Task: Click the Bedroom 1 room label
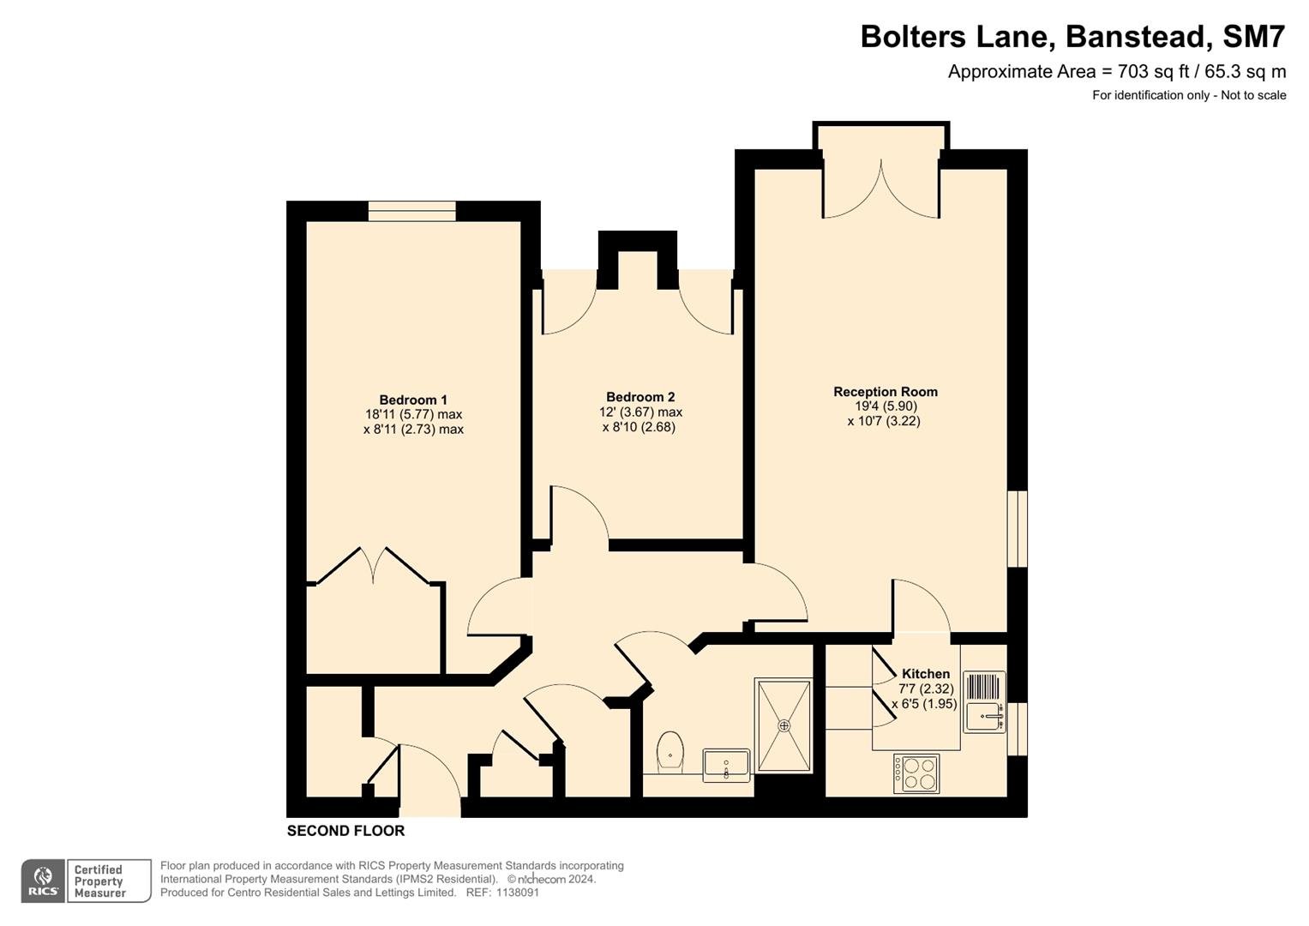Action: pyautogui.click(x=413, y=400)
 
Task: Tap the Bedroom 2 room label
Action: pyautogui.click(x=640, y=398)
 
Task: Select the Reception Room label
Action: pyautogui.click(x=886, y=392)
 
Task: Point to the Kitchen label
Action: pyautogui.click(x=926, y=673)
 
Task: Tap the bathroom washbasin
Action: pyautogui.click(x=726, y=765)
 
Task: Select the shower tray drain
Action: pyautogui.click(x=784, y=725)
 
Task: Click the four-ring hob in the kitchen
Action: pyautogui.click(x=916, y=773)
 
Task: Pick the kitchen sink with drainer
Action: pyautogui.click(x=985, y=701)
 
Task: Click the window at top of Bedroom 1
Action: pyautogui.click(x=412, y=211)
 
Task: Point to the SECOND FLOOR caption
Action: pyautogui.click(x=346, y=831)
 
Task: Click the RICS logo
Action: pyautogui.click(x=43, y=881)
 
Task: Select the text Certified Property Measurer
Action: pyautogui.click(x=99, y=881)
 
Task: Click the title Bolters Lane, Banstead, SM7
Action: pyautogui.click(x=1073, y=36)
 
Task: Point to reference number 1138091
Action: pyautogui.click(x=517, y=893)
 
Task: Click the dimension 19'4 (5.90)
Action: pyautogui.click(x=886, y=406)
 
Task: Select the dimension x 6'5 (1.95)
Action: pyautogui.click(x=924, y=704)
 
